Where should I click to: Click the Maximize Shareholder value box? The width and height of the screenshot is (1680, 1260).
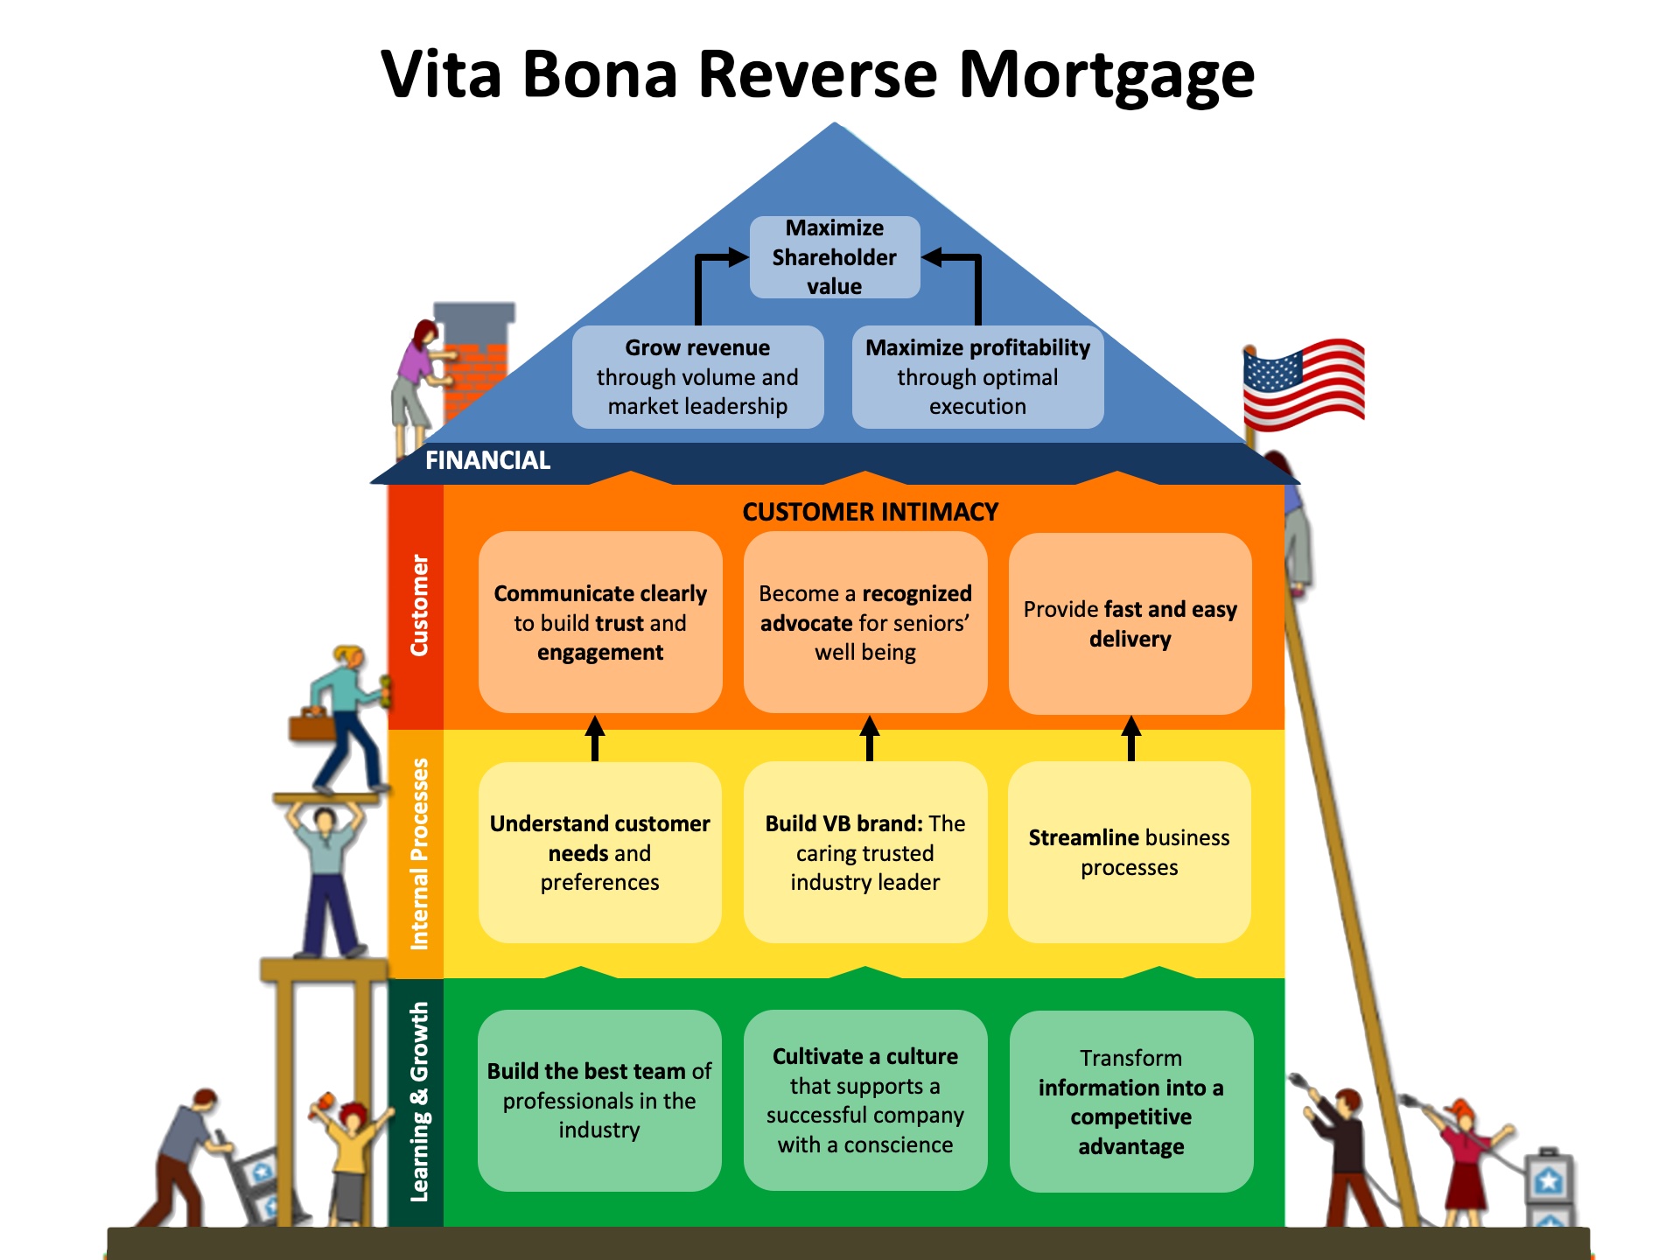(x=835, y=257)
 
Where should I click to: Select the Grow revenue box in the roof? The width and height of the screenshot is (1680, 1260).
(x=697, y=377)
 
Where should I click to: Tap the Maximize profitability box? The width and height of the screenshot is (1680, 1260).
(x=977, y=377)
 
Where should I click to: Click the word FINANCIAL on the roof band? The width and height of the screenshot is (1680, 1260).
(x=487, y=460)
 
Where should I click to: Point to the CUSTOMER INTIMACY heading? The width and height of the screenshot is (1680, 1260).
(x=871, y=512)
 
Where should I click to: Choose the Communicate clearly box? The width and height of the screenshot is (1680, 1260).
(x=600, y=622)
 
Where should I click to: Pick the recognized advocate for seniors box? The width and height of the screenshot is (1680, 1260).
(x=865, y=622)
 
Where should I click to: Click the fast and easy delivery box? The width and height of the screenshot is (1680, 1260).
(x=1130, y=623)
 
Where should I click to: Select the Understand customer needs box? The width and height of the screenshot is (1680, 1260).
(x=600, y=852)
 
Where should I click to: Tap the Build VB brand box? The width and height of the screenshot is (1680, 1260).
(x=865, y=852)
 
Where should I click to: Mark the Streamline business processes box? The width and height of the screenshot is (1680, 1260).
(x=1130, y=852)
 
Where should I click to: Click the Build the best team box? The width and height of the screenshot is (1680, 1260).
(x=599, y=1101)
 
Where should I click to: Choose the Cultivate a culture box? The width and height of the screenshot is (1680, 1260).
(x=865, y=1100)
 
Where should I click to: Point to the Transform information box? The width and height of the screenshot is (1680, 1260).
(x=1131, y=1102)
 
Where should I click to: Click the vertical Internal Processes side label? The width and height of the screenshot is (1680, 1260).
(x=420, y=854)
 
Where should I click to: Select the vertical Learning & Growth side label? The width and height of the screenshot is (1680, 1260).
(x=420, y=1102)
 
